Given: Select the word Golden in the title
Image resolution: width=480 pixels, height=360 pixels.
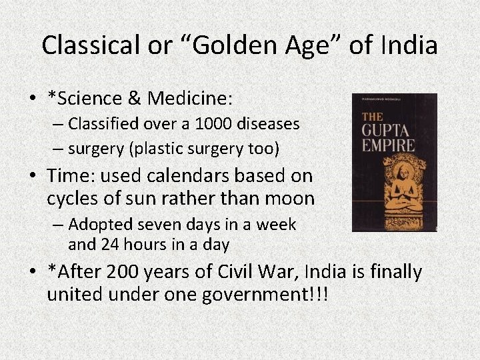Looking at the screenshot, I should [232, 45].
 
